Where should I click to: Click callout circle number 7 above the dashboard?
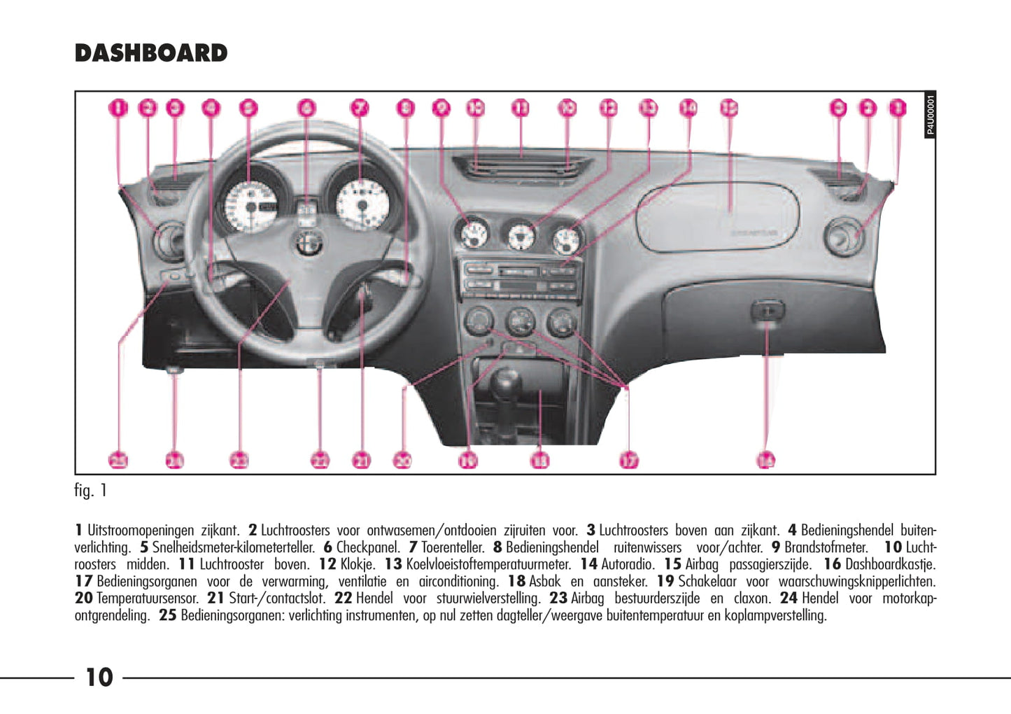[x=359, y=108]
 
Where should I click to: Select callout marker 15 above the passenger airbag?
[x=729, y=108]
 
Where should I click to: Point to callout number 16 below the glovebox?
[x=766, y=460]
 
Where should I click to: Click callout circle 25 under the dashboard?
[x=119, y=460]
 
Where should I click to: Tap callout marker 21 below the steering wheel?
[x=361, y=460]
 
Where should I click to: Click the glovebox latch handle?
[x=768, y=310]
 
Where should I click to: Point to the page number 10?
[x=99, y=677]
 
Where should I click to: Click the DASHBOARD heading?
[x=151, y=53]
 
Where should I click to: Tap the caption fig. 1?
[x=90, y=490]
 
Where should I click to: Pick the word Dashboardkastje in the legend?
[x=889, y=564]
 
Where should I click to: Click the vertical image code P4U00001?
[x=930, y=115]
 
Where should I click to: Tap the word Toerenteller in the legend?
[x=452, y=547]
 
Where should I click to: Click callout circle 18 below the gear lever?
[x=539, y=460]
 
